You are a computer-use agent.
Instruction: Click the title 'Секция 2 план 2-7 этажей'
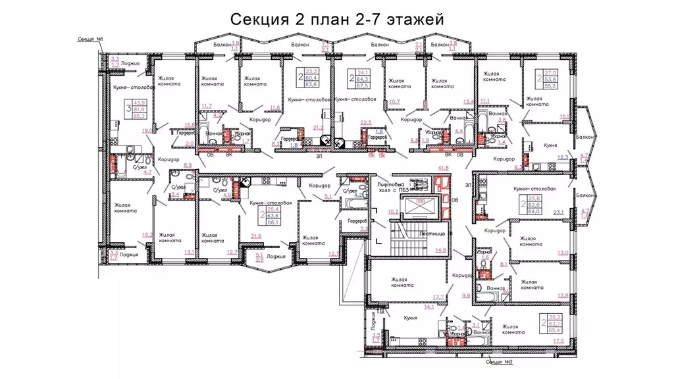click(337, 19)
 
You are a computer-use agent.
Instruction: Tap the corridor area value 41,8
click(443, 168)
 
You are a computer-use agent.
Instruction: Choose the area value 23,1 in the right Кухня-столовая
click(559, 212)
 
